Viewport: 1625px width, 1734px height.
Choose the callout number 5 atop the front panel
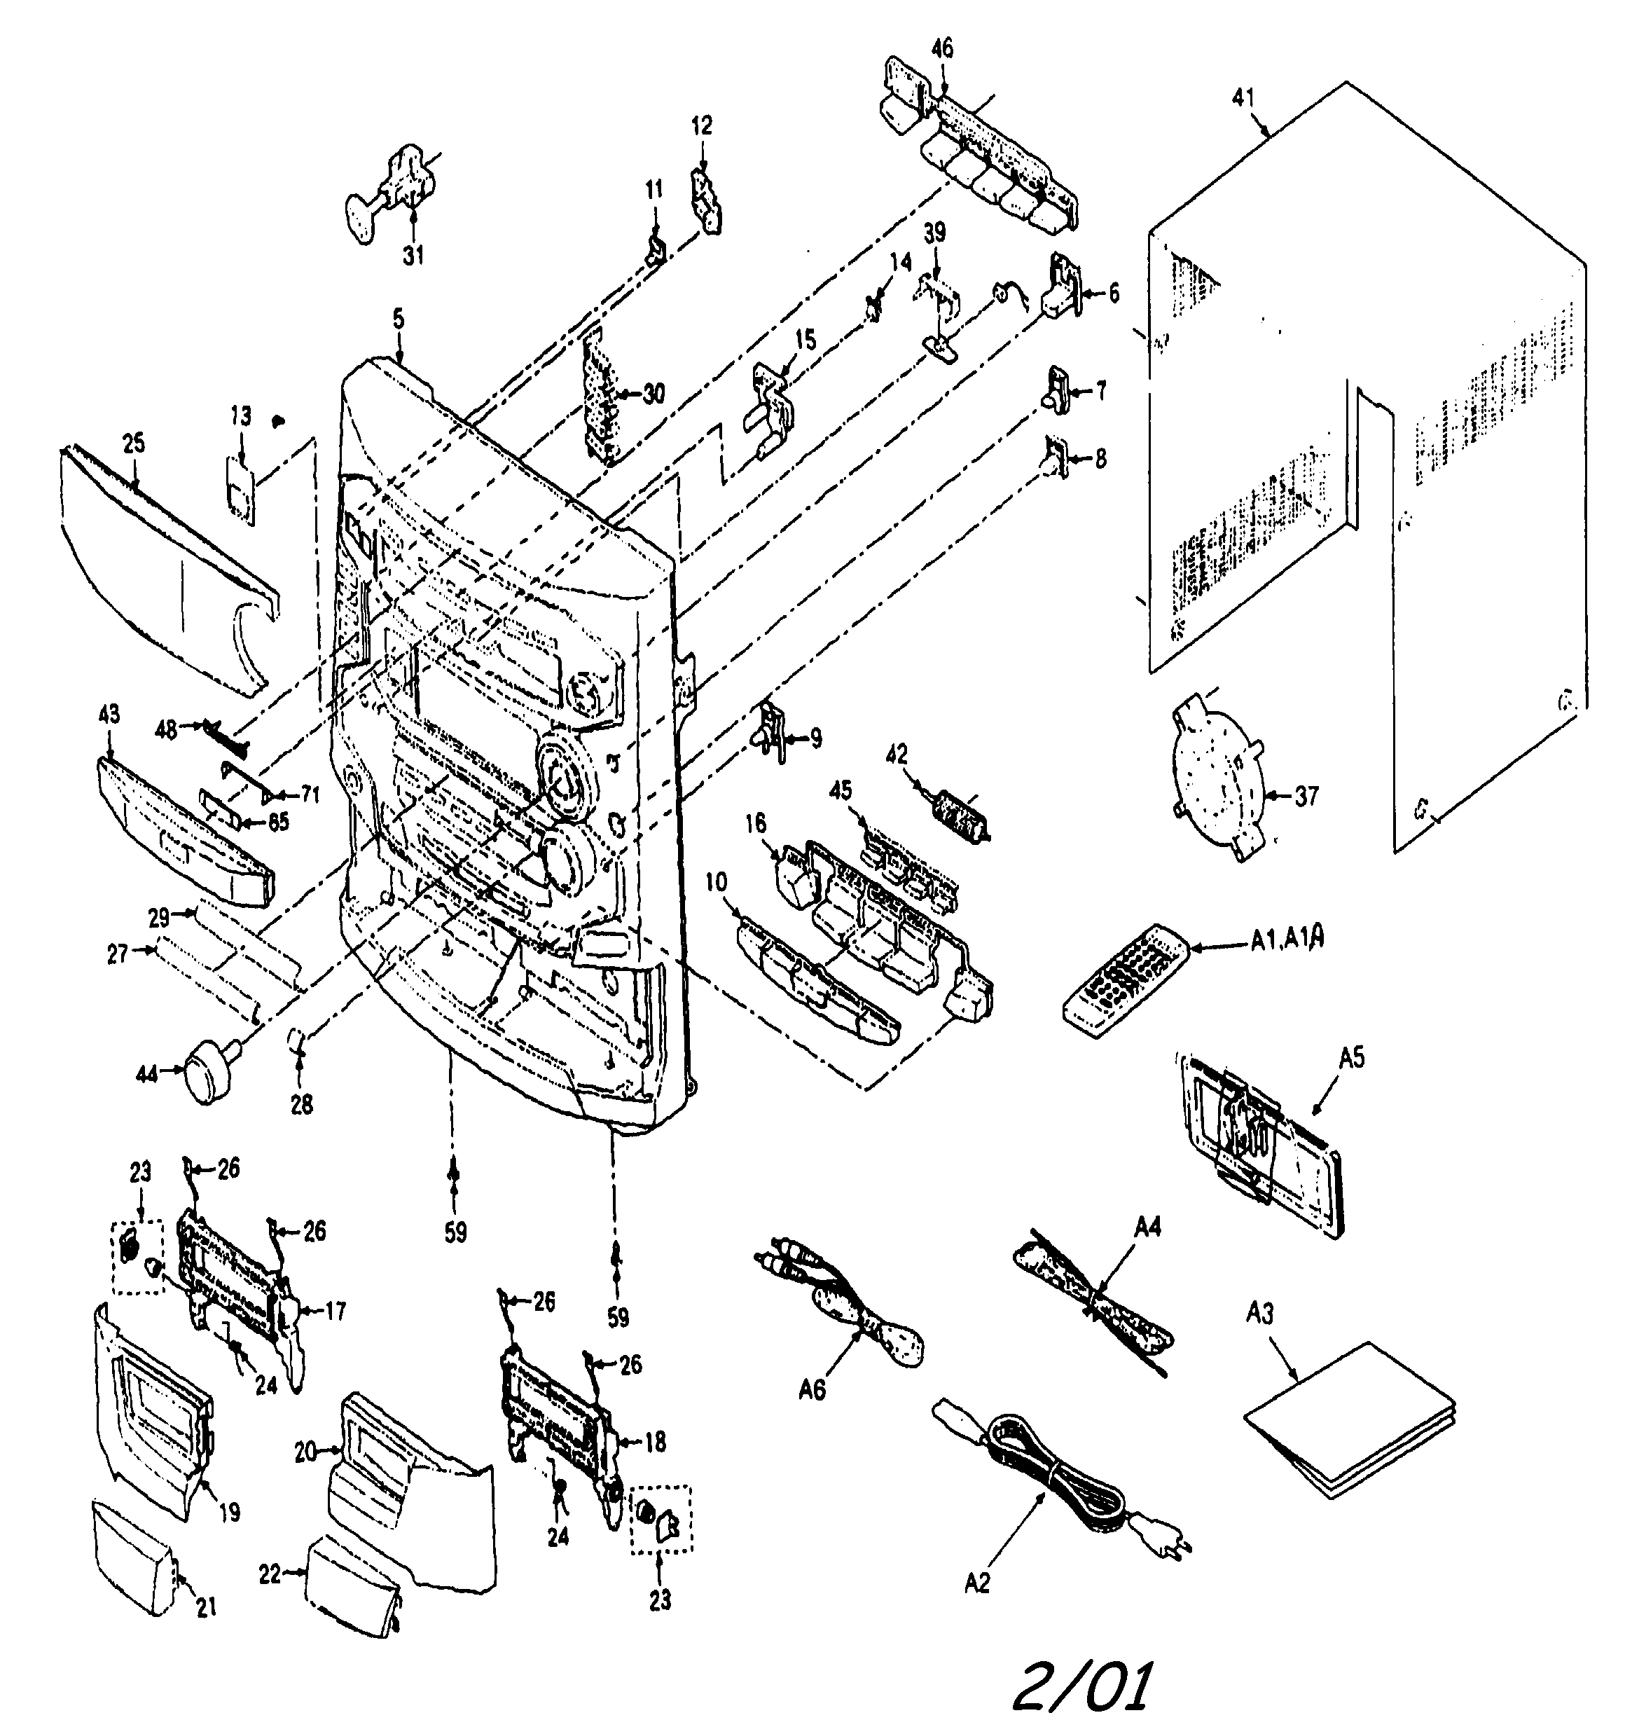pos(398,319)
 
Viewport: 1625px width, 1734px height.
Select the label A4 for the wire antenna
pos(1148,1227)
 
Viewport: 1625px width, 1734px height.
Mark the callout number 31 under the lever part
pos(413,256)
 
